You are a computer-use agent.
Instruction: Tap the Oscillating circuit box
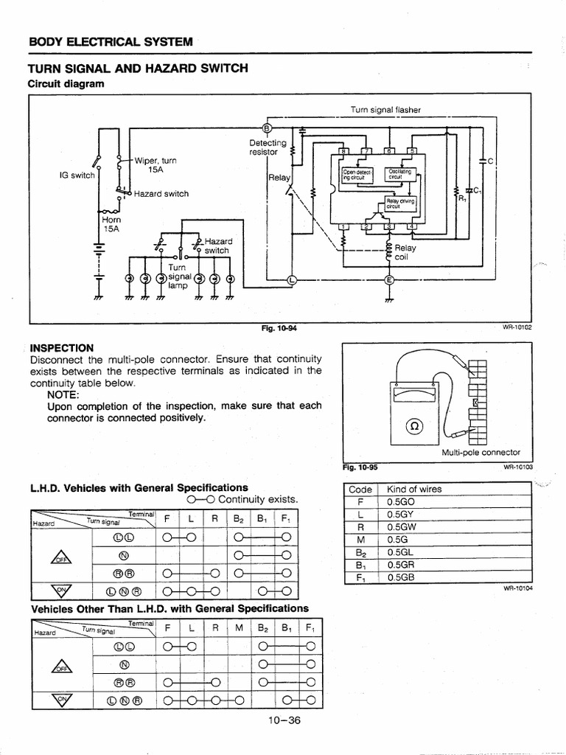[401, 175]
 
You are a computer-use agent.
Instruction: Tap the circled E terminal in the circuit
[389, 280]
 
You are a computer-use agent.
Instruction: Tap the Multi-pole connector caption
[481, 452]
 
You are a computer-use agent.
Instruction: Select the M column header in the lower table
[240, 627]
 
